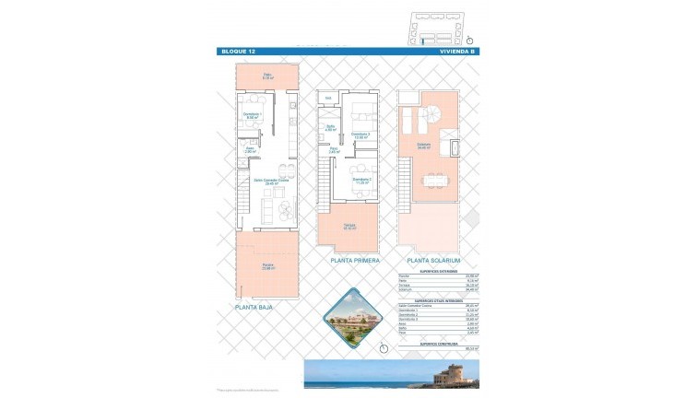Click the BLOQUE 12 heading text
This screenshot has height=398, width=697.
tap(238, 53)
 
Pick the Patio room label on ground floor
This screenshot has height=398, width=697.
tap(266, 76)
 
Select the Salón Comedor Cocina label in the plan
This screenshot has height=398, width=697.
tap(271, 182)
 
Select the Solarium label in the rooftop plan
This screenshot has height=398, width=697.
tap(423, 146)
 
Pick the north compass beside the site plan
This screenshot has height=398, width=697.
tap(469, 40)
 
